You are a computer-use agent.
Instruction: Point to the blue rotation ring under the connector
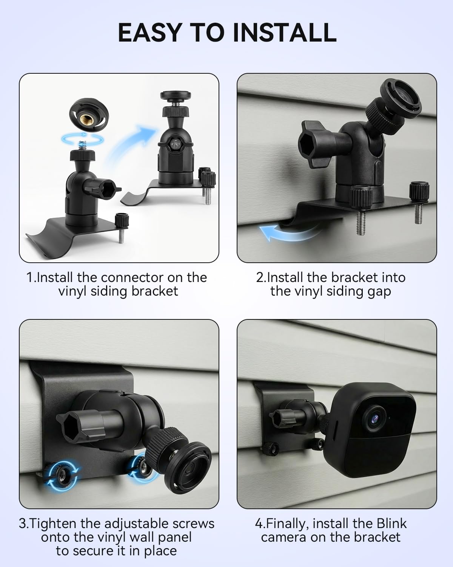pos(83,139)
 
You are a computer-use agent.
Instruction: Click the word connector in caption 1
pos(132,278)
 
